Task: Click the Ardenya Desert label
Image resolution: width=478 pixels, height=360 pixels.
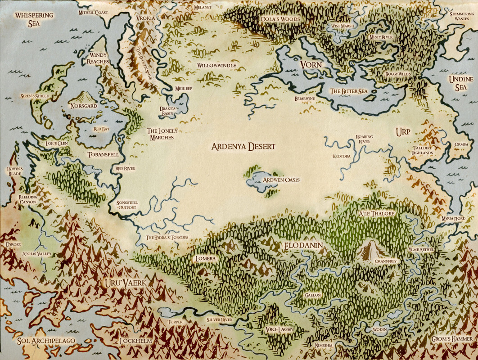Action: click(244, 147)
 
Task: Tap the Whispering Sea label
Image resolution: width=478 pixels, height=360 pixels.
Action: click(34, 19)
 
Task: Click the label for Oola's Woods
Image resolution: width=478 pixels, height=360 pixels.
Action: click(280, 19)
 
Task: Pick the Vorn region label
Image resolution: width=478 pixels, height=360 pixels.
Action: click(311, 65)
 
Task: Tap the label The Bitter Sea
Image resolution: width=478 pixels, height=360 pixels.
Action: click(349, 91)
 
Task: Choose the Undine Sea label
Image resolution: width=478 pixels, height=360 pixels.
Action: click(461, 84)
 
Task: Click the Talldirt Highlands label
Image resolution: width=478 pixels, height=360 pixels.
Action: click(422, 150)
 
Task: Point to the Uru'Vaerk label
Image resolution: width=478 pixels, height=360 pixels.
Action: click(122, 283)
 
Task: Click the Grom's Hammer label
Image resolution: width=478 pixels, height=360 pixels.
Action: click(451, 339)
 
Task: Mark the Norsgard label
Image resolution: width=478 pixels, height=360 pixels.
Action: click(83, 106)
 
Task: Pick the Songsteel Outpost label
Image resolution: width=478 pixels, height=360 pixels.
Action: click(127, 205)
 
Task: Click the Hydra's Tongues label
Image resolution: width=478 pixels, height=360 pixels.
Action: click(167, 237)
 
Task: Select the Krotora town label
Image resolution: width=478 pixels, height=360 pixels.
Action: click(342, 157)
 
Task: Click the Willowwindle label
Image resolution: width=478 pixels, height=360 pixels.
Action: click(216, 65)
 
